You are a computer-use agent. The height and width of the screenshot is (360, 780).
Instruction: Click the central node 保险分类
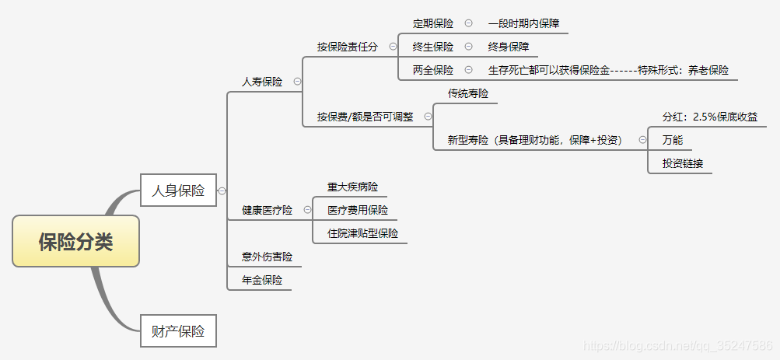pos(75,241)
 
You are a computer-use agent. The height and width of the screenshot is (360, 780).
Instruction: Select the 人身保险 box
pos(178,190)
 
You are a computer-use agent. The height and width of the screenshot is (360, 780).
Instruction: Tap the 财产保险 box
pos(178,330)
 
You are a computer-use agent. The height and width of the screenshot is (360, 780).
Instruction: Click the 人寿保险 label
pos(262,82)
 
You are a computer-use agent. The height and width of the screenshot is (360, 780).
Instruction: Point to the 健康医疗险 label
pos(267,210)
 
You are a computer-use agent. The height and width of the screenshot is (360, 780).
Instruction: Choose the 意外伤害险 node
pos(267,257)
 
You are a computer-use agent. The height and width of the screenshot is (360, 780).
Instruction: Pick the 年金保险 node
pos(262,280)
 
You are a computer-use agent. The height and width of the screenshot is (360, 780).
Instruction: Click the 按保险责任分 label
pos(348,47)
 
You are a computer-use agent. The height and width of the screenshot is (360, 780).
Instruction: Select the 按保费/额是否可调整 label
pos(365,117)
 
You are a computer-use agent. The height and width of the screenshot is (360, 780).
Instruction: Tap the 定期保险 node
pos(433,23)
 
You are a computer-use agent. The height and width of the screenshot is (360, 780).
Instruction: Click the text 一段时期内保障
pos(523,23)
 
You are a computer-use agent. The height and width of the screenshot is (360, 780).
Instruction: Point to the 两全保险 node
pos(433,70)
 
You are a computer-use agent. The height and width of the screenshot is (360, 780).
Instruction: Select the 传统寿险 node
pos(468,93)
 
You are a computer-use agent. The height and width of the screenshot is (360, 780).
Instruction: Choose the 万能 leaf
pos(673,140)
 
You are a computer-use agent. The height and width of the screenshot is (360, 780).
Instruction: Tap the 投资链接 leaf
pos(683,163)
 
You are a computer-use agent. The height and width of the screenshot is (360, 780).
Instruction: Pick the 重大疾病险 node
pos(352,187)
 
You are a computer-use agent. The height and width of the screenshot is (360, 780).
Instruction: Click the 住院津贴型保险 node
pos(362,233)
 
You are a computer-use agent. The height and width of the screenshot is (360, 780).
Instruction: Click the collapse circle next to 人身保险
pos(222,190)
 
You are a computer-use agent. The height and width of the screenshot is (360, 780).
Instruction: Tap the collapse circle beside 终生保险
pos(468,47)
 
